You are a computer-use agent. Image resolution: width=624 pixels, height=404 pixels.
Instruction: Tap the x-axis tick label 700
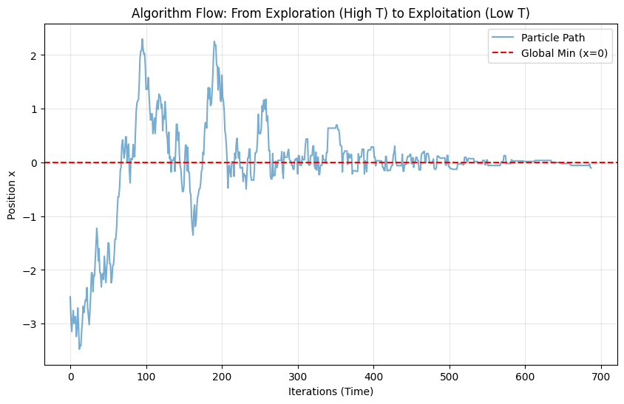tap(526, 377)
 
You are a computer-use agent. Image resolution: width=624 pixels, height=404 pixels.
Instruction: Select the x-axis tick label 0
tap(70, 377)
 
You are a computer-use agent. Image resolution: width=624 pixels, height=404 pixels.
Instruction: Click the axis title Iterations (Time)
tap(330, 391)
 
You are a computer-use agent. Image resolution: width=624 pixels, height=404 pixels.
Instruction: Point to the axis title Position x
tap(11, 191)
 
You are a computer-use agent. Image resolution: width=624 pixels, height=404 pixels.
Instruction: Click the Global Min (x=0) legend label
tap(566, 53)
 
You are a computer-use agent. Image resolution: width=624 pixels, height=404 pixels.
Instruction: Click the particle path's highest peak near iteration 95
tap(142, 39)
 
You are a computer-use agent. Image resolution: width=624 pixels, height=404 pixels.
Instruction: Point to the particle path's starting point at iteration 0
tap(70, 297)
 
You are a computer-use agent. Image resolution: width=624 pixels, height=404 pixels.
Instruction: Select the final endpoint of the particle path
tap(591, 168)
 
